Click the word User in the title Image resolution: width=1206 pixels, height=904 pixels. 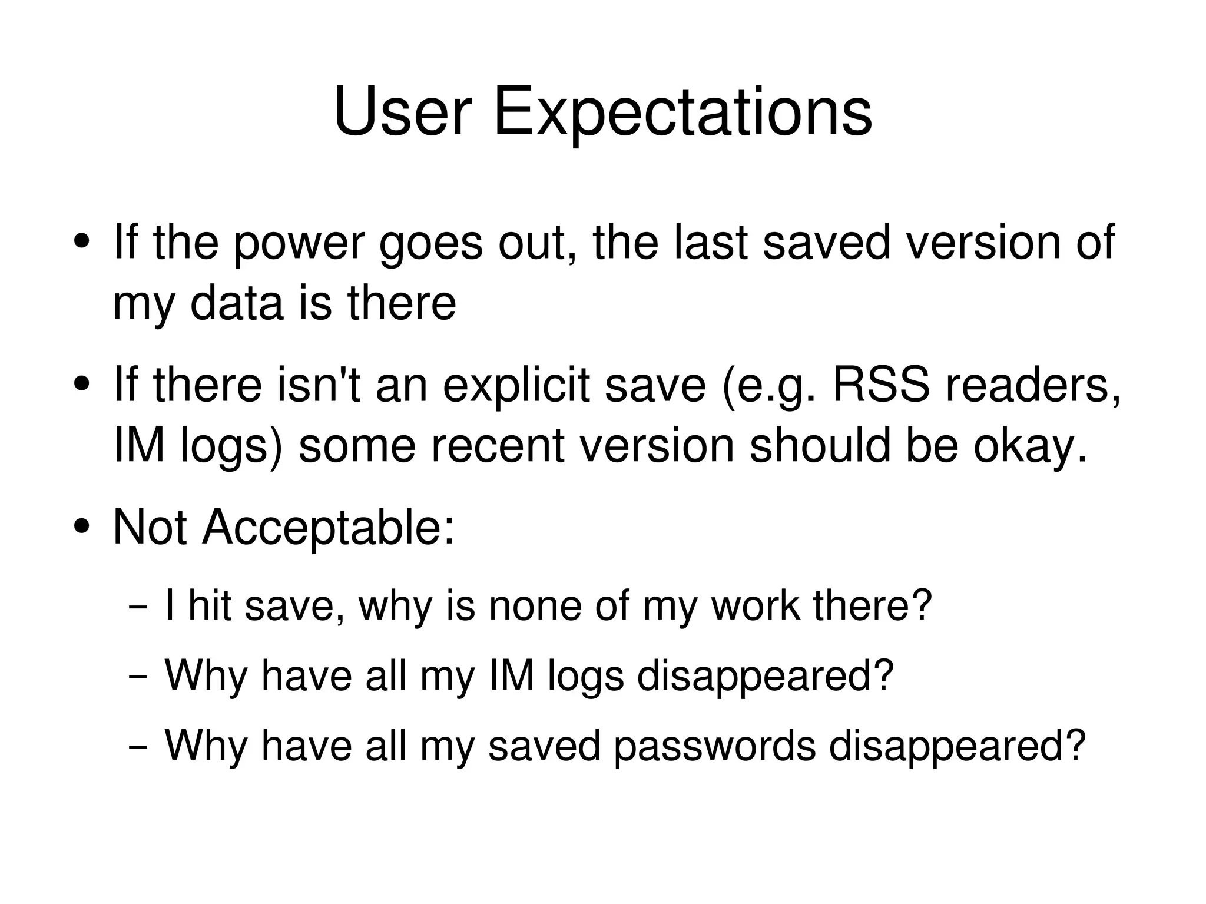point(403,112)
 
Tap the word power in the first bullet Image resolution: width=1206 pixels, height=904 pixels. point(299,243)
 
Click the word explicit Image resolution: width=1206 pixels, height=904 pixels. point(516,385)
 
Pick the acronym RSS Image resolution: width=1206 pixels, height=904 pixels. point(881,385)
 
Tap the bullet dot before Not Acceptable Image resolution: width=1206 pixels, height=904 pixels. point(82,525)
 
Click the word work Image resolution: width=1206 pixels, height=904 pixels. point(756,606)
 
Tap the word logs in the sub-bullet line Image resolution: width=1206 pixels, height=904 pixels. point(585,677)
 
